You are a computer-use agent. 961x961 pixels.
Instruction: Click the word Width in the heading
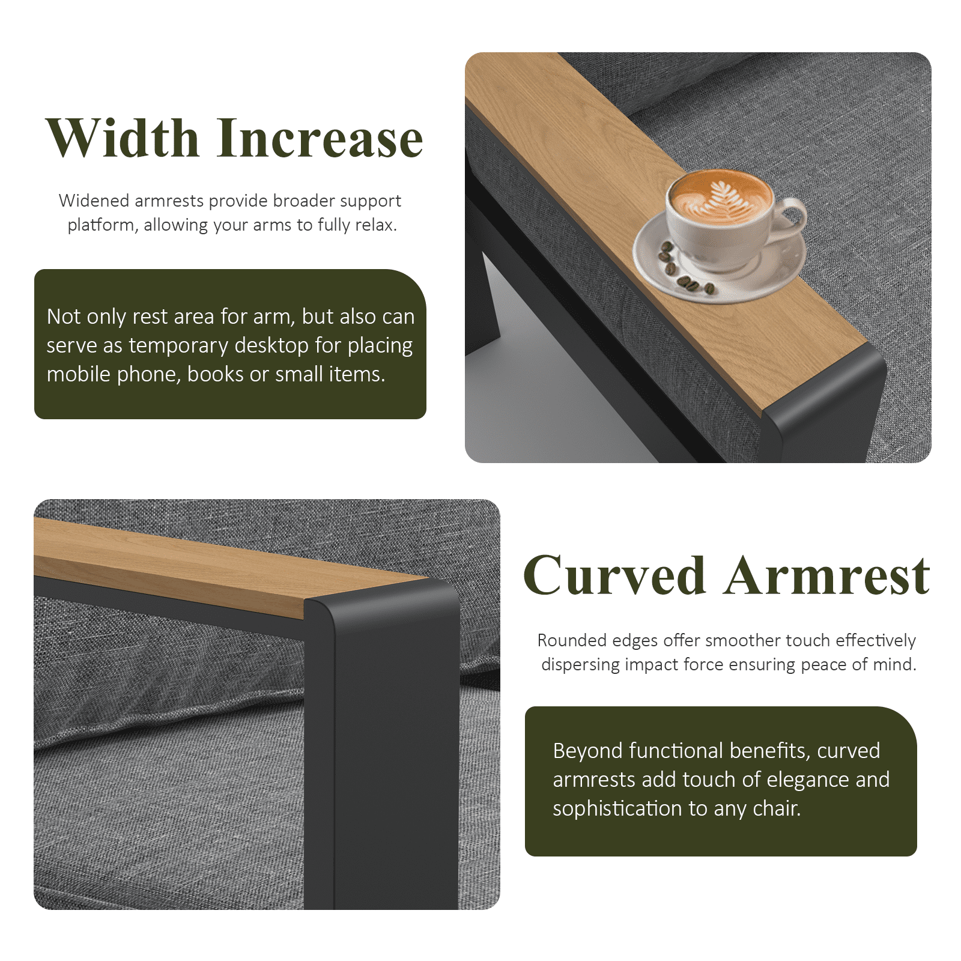pyautogui.click(x=123, y=138)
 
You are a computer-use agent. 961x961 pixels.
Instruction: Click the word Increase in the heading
pyautogui.click(x=320, y=138)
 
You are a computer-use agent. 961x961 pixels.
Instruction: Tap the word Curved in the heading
pyautogui.click(x=614, y=575)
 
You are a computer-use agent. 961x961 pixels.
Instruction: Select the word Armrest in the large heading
pyautogui.click(x=828, y=575)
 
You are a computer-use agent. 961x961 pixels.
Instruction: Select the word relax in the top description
pyautogui.click(x=378, y=225)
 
